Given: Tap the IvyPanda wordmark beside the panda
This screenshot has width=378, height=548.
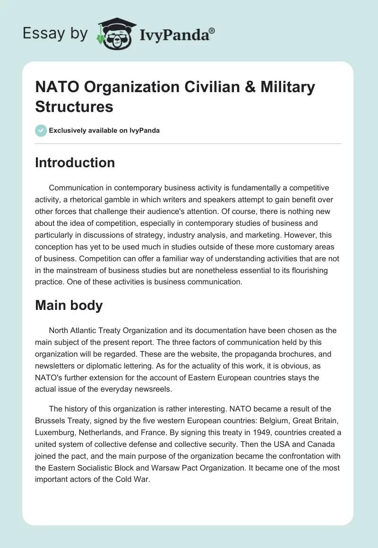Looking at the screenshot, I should click(x=177, y=34).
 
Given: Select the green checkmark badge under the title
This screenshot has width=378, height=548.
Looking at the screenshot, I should click(x=41, y=130).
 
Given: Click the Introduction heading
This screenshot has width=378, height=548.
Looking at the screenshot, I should click(x=75, y=163).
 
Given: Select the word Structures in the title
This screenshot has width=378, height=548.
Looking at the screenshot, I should click(x=74, y=106).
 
